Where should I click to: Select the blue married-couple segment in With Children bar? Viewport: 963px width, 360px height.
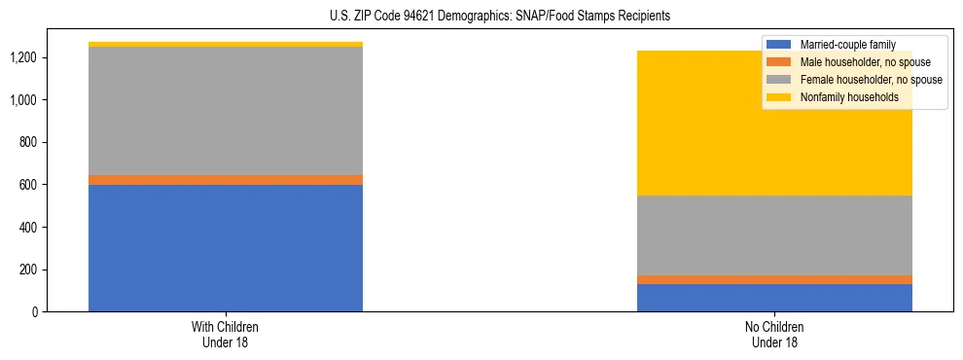pos(226,248)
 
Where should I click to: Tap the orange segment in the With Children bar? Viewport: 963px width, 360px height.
pos(226,180)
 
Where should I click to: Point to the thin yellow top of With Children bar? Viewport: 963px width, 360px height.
pos(226,44)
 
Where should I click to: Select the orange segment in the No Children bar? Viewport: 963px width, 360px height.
pos(774,279)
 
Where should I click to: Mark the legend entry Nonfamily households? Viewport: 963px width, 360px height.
pos(849,97)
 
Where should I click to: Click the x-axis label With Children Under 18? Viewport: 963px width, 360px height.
pos(226,335)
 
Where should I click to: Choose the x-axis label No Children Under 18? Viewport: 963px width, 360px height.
pos(774,335)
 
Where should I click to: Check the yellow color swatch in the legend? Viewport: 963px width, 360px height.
pos(779,97)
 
